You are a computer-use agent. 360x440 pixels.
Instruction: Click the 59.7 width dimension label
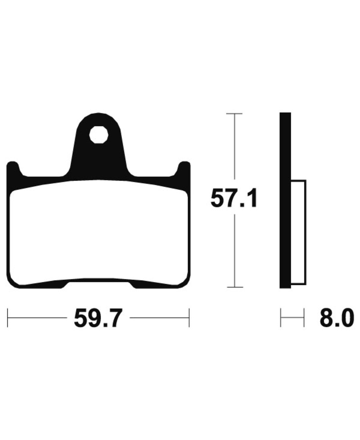tap(98, 318)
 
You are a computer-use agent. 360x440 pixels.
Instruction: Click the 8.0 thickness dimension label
tap(335, 318)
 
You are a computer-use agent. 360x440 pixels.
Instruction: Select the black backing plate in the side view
tap(285, 200)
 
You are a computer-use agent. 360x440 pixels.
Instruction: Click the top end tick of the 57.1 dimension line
tap(234, 114)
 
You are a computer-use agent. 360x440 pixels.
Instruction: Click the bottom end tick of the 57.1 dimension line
tap(234, 287)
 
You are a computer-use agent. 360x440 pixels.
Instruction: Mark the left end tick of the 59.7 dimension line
tap(8, 318)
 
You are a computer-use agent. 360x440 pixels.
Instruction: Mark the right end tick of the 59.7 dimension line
tap(189, 318)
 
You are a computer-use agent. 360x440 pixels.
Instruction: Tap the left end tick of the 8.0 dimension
tap(281, 318)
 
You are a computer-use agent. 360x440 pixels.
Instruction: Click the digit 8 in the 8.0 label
tap(325, 318)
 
